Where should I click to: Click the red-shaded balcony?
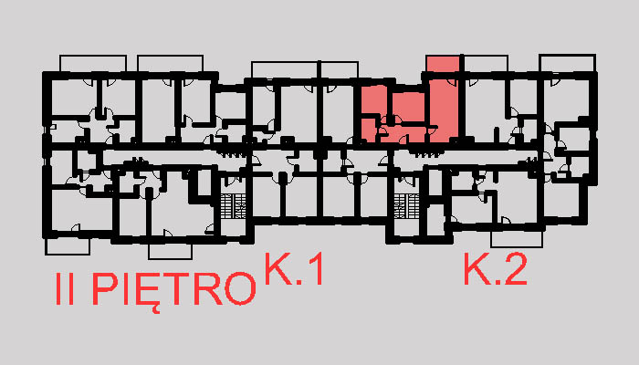coord(443,64)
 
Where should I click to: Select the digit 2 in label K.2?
coord(515,269)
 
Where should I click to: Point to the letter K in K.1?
coord(278,269)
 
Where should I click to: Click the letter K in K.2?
coord(477,269)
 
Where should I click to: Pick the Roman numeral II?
coord(65,289)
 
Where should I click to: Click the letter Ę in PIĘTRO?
coord(144,292)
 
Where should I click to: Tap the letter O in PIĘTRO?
coord(240,289)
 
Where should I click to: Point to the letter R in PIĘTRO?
coord(208,289)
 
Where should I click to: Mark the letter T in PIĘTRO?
coord(175,289)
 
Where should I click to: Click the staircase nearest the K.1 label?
coord(233,206)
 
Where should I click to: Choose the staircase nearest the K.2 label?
coord(406,206)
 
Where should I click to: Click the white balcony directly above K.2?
coord(517,239)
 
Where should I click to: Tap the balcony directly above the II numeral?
coord(68,246)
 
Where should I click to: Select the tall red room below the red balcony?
coord(444,110)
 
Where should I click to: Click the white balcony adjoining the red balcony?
coord(486,64)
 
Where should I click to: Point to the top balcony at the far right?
coord(568,63)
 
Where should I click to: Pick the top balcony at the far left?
coord(93,64)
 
